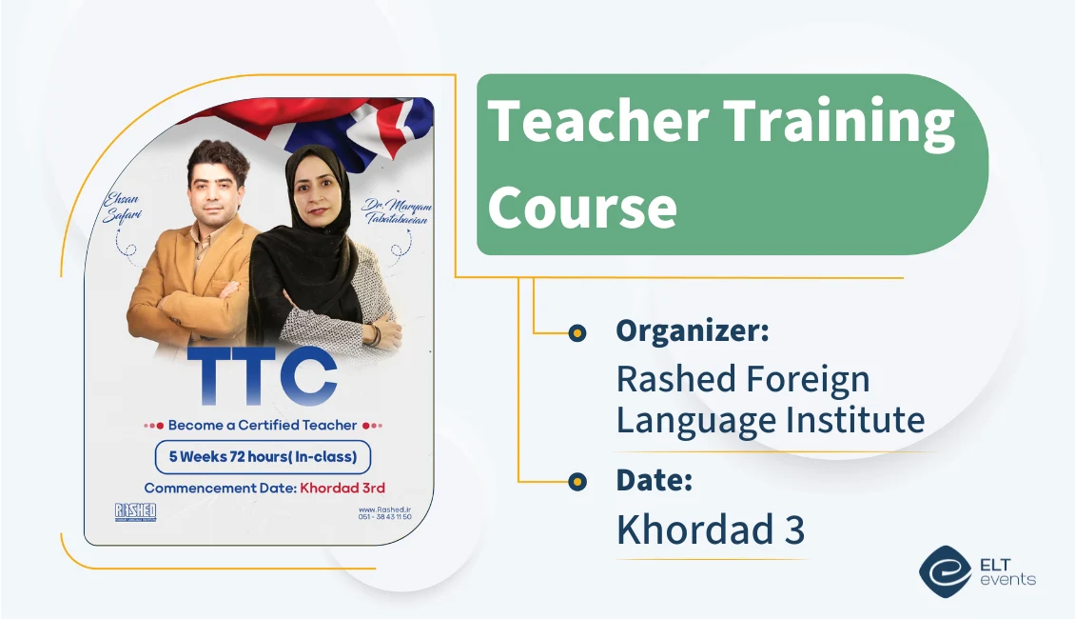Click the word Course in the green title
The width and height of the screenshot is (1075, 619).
coord(582,207)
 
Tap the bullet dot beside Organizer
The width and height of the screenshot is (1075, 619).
coord(577,332)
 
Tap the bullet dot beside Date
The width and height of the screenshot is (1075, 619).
coord(577,482)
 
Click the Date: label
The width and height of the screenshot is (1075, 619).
coord(654,480)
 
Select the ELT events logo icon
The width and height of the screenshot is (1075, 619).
coord(944,569)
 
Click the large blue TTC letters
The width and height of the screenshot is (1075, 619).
coord(262,379)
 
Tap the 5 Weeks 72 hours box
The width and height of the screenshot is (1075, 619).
coord(263,457)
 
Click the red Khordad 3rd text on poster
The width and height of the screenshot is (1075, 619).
coord(342,489)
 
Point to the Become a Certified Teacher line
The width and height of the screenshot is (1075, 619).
coord(263,425)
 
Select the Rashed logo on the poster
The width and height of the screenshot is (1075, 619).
coord(134,512)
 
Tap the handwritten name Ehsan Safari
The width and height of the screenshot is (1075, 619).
coord(121,208)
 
